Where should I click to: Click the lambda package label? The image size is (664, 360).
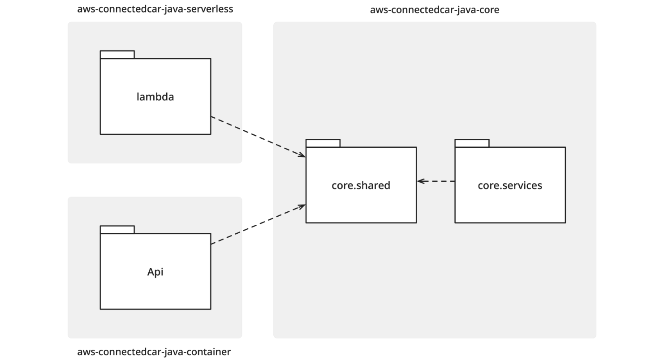(155, 97)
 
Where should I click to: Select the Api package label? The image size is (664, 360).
(155, 272)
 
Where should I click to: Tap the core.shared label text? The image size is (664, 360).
(361, 185)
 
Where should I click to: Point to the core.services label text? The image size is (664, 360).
(510, 185)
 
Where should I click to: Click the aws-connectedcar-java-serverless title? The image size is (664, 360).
(155, 9)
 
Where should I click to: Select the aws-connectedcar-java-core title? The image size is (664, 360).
(435, 10)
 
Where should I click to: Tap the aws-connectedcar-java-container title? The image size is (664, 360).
(154, 352)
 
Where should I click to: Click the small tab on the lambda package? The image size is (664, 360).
(117, 55)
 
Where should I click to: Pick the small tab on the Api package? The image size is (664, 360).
(117, 230)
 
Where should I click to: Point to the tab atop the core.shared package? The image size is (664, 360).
(323, 143)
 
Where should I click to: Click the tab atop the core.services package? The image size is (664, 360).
(472, 143)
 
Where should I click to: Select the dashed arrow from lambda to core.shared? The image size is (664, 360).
(258, 137)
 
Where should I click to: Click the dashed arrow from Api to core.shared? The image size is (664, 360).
(258, 224)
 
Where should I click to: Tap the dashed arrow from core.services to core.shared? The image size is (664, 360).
(436, 181)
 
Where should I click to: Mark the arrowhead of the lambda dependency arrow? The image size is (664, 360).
(302, 155)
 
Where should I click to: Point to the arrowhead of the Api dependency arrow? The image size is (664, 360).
(302, 206)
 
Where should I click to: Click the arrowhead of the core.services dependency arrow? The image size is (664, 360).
(420, 181)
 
